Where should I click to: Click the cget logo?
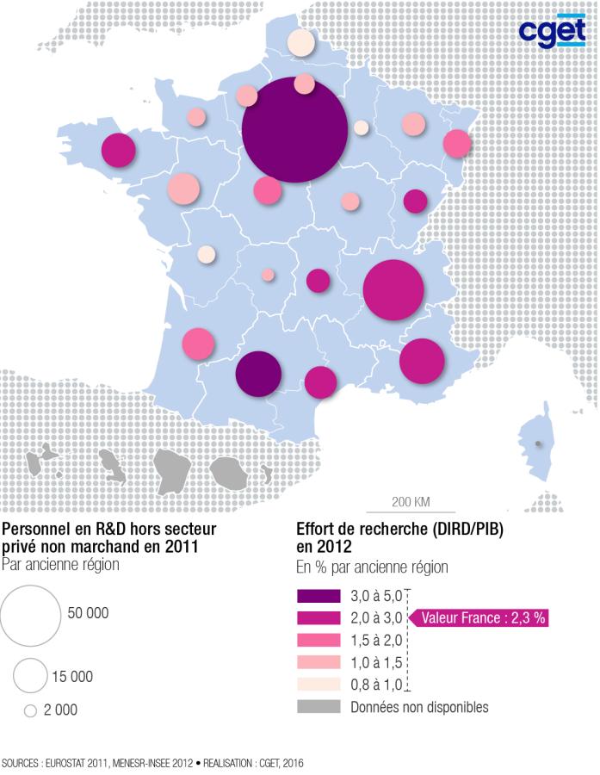[552, 32]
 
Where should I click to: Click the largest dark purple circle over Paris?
[294, 130]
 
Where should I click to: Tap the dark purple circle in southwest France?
[258, 374]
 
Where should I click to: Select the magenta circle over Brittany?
[119, 151]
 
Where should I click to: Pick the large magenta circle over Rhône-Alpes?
[393, 290]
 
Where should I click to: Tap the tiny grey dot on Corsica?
[538, 444]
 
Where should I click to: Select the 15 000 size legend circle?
[29, 676]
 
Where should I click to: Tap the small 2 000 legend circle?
[30, 711]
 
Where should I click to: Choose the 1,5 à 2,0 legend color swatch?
[319, 641]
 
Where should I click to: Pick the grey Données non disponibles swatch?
[319, 708]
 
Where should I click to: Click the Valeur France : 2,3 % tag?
[483, 618]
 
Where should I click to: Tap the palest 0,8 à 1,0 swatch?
[319, 685]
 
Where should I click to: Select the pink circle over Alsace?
[457, 143]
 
